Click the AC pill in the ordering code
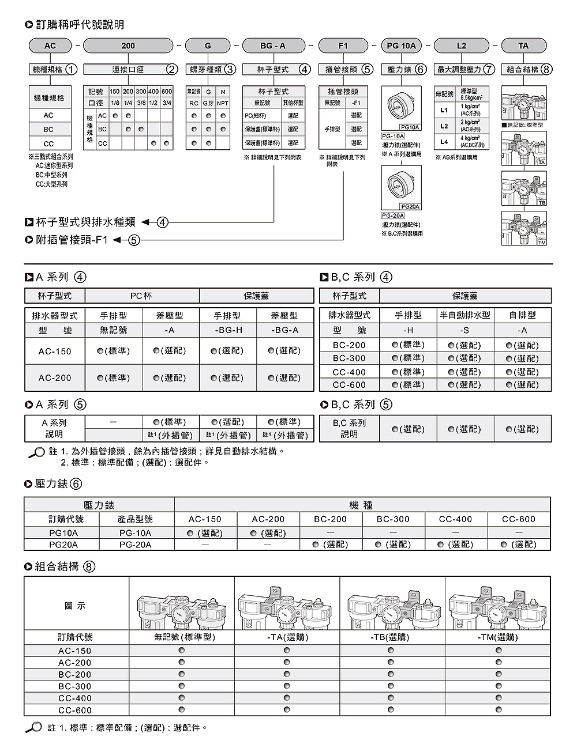coord(50,46)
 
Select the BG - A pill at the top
coord(273,46)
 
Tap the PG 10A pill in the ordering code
coord(401,46)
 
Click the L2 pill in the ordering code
coord(461,46)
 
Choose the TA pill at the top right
coord(523,46)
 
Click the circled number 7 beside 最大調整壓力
coord(489,70)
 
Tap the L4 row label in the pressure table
coord(444,141)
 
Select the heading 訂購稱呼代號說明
coord(80,25)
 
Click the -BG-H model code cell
coord(228,330)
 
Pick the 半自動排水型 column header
coord(464,315)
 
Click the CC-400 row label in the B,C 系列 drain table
coord(349,372)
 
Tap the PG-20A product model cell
coord(136,545)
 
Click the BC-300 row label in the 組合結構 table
coord(75,686)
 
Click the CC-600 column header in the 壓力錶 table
coord(519,519)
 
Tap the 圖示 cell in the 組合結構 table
coord(75,606)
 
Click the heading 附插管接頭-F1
coord(72,240)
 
